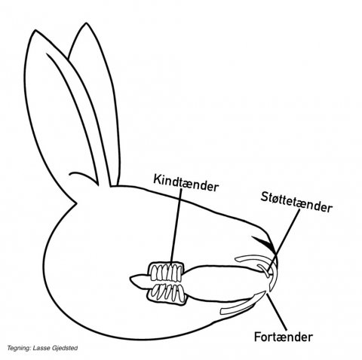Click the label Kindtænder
[x=186, y=182]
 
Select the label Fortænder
[x=284, y=337]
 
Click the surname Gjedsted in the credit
[x=65, y=348]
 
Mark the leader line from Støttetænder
[x=284, y=242]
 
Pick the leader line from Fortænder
[x=277, y=312]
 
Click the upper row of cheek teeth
[x=166, y=272]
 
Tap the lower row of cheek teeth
[x=167, y=294]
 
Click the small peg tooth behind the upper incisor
[x=263, y=270]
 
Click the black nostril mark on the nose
[x=264, y=243]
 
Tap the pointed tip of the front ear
[x=35, y=30]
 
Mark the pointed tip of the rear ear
[x=86, y=23]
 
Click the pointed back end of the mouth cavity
[x=130, y=278]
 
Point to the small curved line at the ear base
[x=83, y=176]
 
